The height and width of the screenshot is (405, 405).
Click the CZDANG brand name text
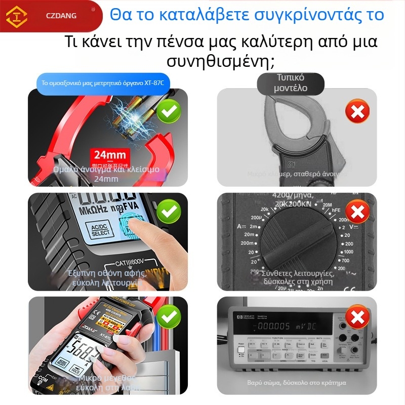pyautogui.click(x=60, y=16)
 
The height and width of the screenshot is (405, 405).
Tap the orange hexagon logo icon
pyautogui.click(x=16, y=16)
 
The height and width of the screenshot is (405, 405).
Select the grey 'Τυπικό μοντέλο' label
pyautogui.click(x=290, y=83)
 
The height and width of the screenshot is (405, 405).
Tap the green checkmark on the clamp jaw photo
pyautogui.click(x=169, y=111)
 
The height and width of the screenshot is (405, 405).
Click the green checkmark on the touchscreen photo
pyautogui.click(x=169, y=212)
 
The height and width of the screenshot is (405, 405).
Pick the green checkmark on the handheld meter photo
pyautogui.click(x=169, y=317)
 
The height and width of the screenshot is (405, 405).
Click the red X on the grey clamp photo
pyautogui.click(x=357, y=111)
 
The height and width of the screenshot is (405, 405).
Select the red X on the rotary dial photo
pyautogui.click(x=357, y=212)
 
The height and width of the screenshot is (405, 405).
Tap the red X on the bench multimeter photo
pyautogui.click(x=357, y=317)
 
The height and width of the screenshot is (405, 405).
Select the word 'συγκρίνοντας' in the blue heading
pyautogui.click(x=291, y=14)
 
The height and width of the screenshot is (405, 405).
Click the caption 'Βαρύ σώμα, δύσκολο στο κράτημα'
pyautogui.click(x=297, y=383)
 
